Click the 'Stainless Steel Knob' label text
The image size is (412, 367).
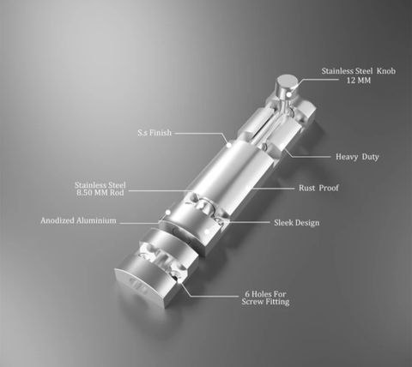359,71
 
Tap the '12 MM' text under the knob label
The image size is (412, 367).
359,81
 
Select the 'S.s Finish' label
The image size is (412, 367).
154,133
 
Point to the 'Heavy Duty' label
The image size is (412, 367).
357,157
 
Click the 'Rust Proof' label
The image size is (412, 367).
318,188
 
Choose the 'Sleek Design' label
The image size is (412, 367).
297,223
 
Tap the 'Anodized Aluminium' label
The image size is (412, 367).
78,220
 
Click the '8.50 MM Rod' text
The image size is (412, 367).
100,192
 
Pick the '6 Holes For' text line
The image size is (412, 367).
265,294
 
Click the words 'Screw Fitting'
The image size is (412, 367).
265,302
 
